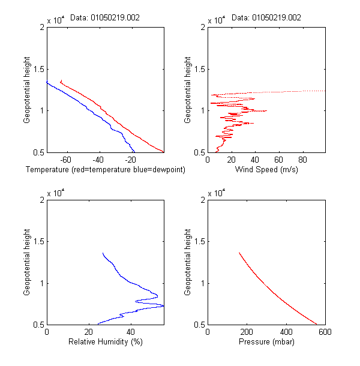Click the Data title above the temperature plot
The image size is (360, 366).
[105, 18]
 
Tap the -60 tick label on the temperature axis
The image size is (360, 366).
[66, 160]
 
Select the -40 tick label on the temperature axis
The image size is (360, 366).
[98, 160]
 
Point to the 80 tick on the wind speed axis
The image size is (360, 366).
[302, 160]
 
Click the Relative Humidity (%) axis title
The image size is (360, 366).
[105, 342]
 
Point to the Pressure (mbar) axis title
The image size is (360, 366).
[266, 342]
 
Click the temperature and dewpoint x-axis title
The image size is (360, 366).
[105, 170]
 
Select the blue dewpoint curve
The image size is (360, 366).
[96, 112]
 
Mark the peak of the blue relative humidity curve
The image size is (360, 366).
[163, 306]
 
